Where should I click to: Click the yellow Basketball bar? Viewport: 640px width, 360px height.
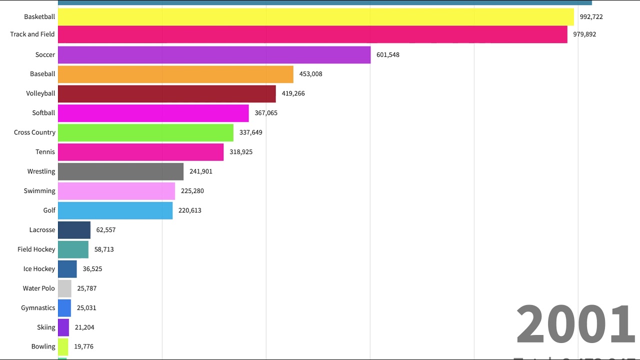click(x=315, y=17)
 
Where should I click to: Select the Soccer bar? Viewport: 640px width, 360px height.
click(x=214, y=55)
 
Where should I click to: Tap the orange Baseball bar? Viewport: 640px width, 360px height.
click(x=175, y=74)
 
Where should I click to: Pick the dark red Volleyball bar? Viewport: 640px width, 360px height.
click(x=166, y=93)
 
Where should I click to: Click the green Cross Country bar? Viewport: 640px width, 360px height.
click(x=145, y=132)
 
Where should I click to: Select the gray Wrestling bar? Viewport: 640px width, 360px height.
click(x=120, y=171)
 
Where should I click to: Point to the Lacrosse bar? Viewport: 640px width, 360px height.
click(x=74, y=230)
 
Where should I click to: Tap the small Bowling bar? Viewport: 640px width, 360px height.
click(x=63, y=346)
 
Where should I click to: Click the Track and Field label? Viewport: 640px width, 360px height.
click(x=32, y=34)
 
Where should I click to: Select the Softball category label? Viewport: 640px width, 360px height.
click(x=43, y=113)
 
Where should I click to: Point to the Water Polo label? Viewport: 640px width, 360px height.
click(x=39, y=288)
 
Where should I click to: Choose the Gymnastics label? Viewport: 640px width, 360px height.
click(x=38, y=308)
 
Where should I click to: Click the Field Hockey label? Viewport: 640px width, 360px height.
click(x=36, y=249)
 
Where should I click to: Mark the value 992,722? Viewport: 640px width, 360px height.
click(x=591, y=17)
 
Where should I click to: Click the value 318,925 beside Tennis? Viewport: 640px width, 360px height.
click(x=241, y=152)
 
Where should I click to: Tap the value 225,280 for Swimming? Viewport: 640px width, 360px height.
click(x=192, y=191)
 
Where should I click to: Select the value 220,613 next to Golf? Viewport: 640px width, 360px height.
click(x=190, y=210)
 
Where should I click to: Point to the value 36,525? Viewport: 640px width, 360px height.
click(x=92, y=269)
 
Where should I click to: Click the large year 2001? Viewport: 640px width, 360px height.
click(x=575, y=325)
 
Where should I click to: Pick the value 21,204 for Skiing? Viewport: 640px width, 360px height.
click(x=84, y=327)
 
